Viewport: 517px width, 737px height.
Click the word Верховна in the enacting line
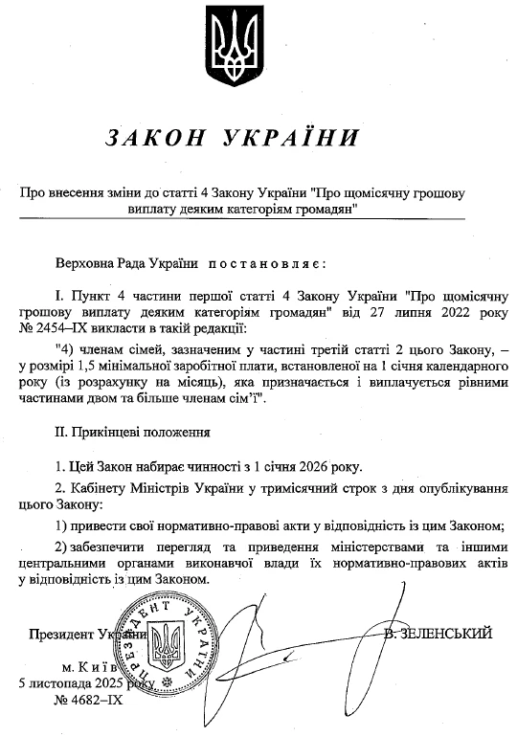tap(85, 261)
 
